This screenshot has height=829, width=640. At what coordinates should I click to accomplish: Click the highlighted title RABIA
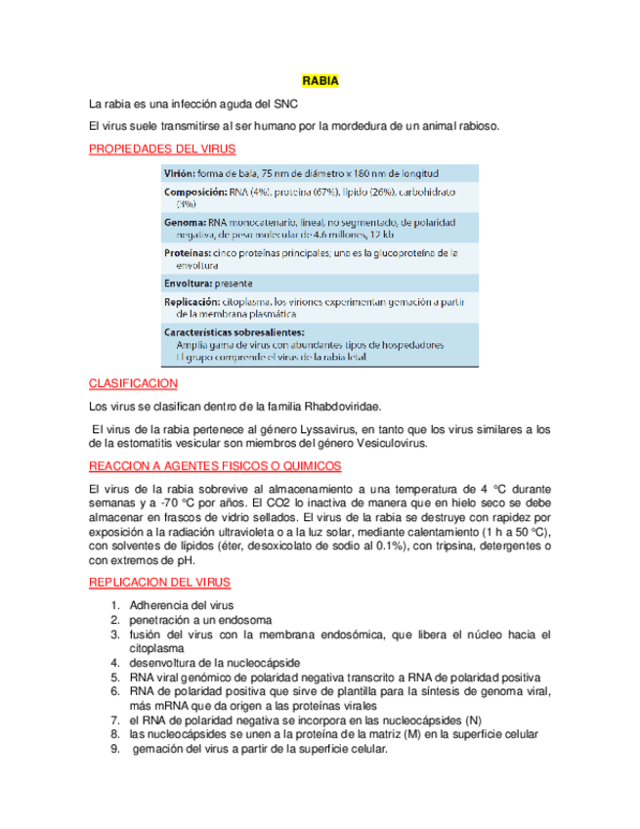320,81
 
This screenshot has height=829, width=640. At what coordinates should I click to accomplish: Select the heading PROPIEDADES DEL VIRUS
161,149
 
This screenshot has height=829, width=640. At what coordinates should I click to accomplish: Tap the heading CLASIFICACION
133,383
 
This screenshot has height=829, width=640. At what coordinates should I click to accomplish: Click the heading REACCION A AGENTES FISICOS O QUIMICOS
215,465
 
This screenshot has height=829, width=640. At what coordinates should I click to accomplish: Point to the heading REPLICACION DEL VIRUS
159,582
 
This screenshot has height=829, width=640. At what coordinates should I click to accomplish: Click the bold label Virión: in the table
179,173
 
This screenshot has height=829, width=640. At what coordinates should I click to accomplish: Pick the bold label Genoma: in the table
185,223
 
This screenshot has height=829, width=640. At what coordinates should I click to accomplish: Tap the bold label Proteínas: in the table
187,252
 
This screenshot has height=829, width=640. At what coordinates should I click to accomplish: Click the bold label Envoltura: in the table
188,283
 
